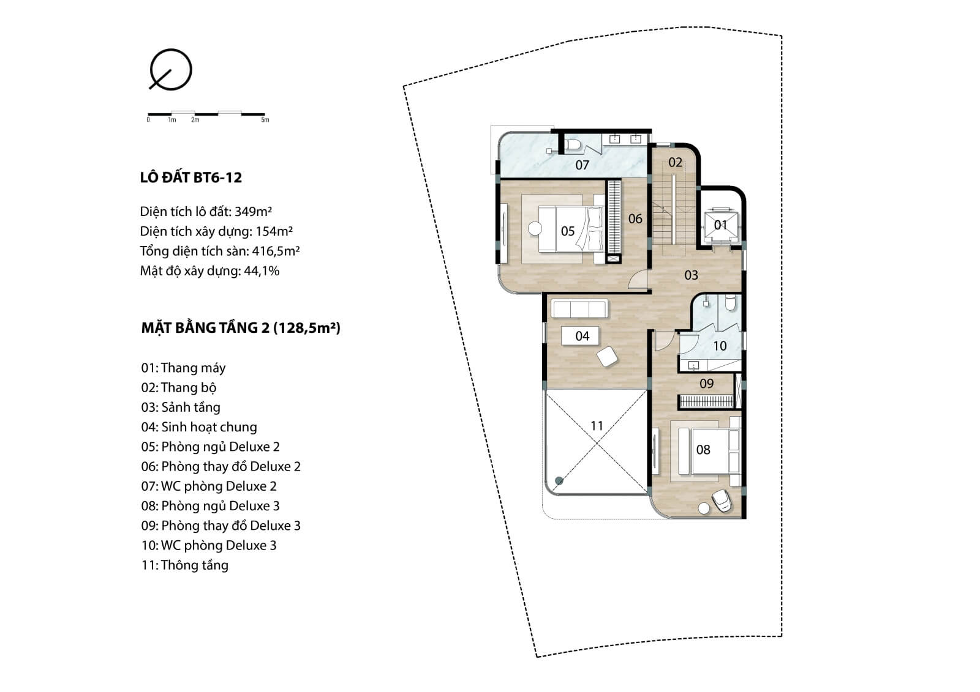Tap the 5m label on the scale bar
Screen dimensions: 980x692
(x=265, y=120)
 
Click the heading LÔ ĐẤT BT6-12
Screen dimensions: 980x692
(x=190, y=177)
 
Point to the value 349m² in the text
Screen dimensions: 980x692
(x=254, y=212)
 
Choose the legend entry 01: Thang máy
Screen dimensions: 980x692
(x=183, y=368)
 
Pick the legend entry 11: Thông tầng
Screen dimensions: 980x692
(x=184, y=565)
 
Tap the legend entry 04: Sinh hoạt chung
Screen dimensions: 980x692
(x=199, y=427)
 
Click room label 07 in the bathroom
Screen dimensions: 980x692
(x=582, y=165)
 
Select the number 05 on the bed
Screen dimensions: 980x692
(x=567, y=231)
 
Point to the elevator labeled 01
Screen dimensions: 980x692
(x=720, y=225)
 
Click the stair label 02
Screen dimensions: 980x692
(x=675, y=163)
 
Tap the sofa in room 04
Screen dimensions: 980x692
(x=579, y=308)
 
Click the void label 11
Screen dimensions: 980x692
(x=597, y=426)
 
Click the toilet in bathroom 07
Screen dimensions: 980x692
(x=573, y=146)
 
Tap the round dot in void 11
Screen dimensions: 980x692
(x=559, y=481)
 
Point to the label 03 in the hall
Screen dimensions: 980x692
(x=692, y=275)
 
